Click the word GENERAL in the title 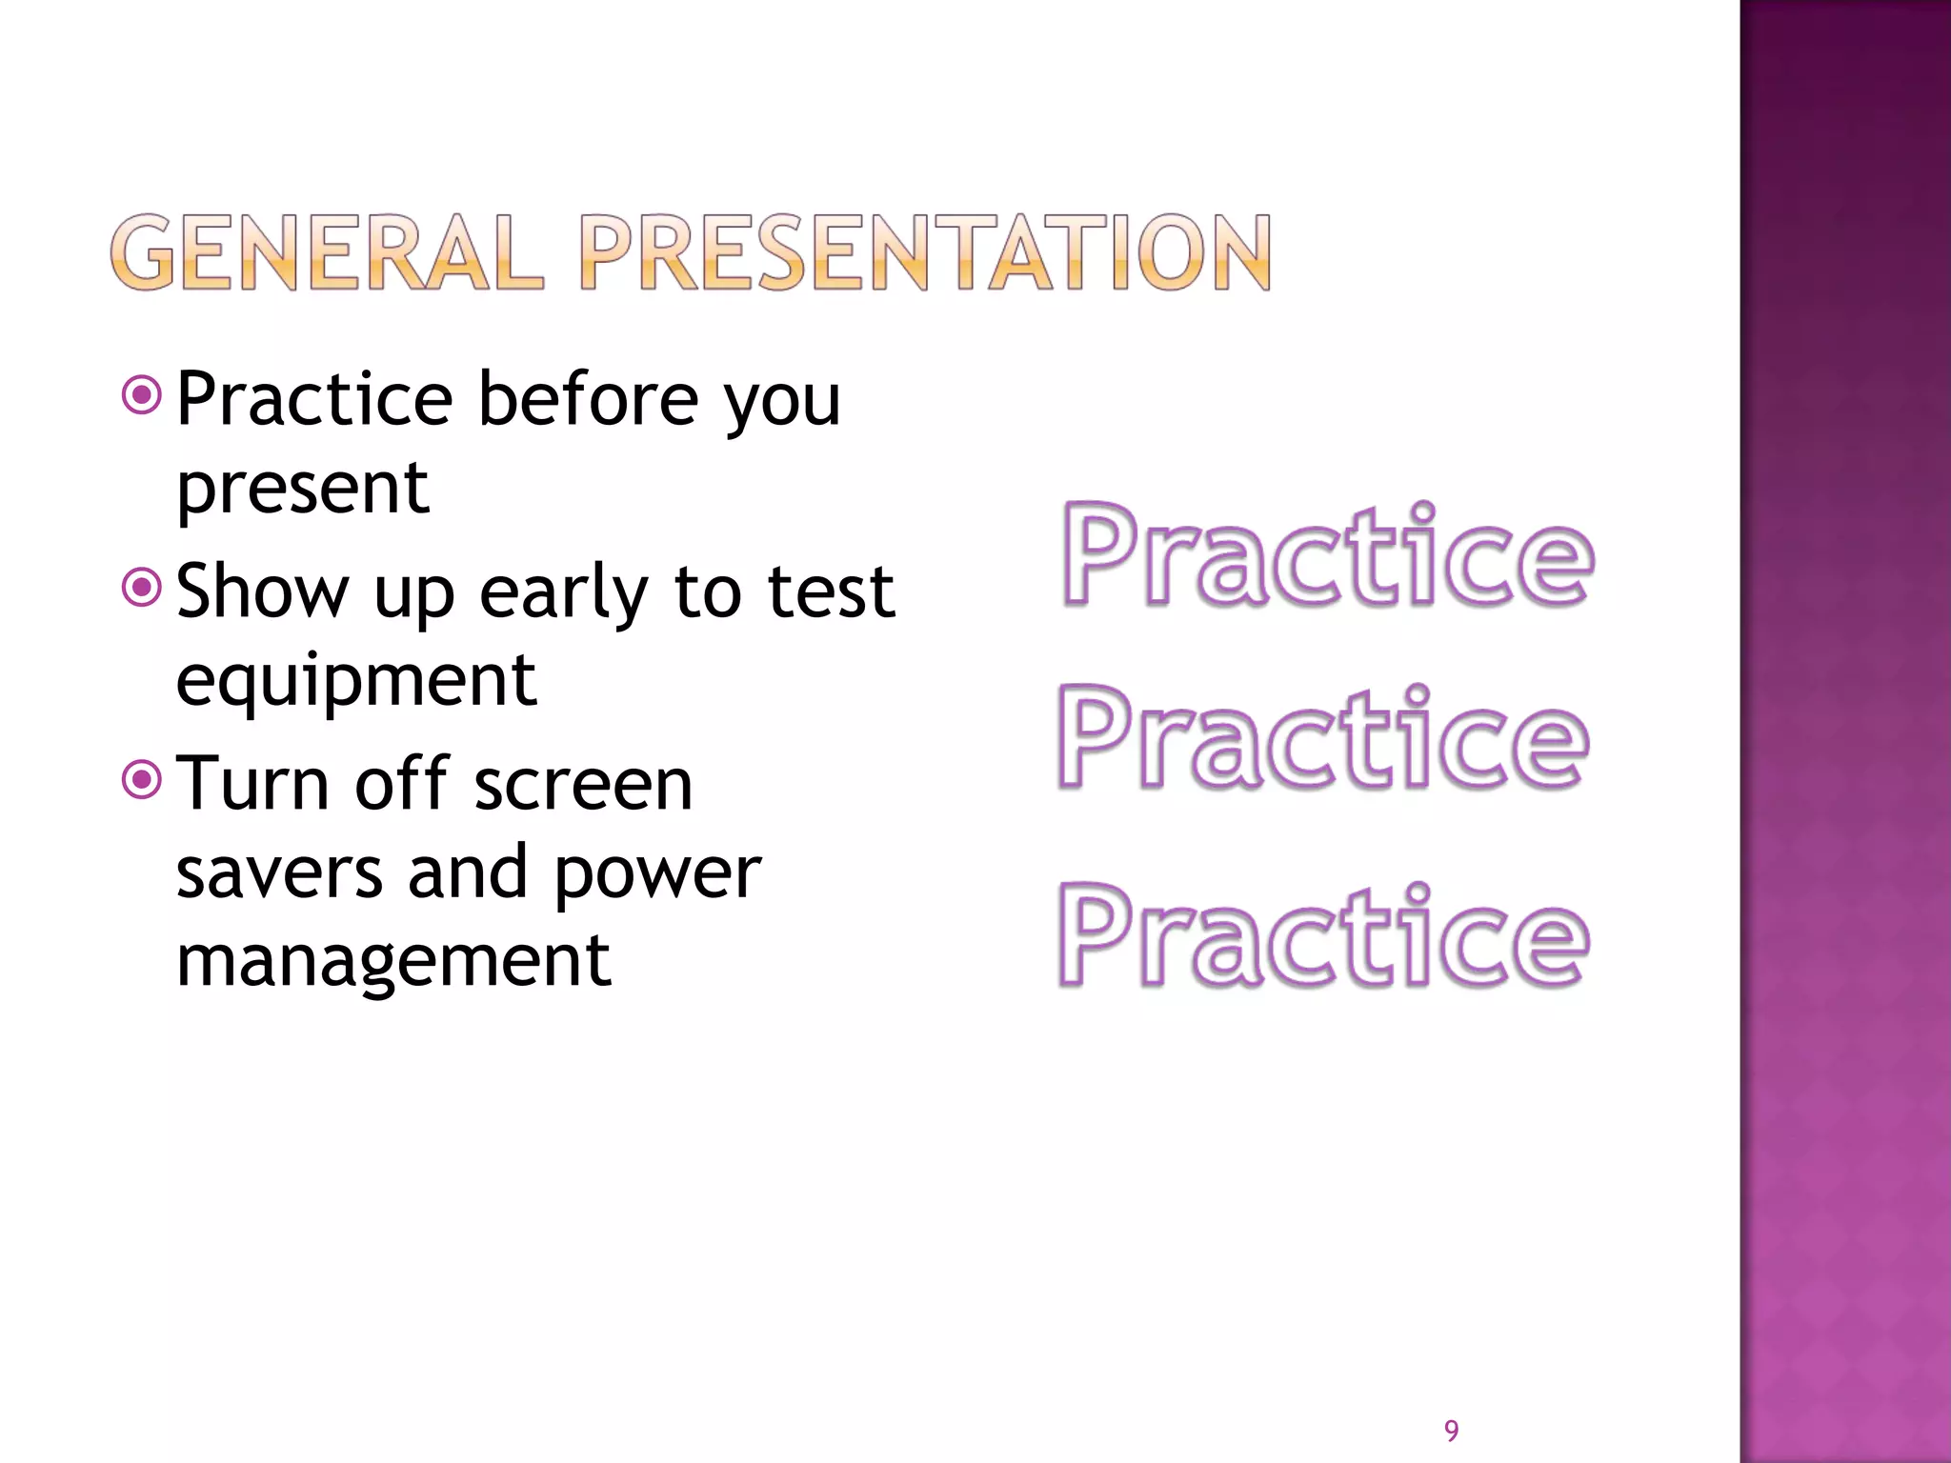pos(327,252)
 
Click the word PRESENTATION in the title pos(924,252)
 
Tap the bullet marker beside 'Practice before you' pos(143,395)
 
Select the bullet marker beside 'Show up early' pos(143,588)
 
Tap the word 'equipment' pos(356,682)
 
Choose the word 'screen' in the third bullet pos(583,786)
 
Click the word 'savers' pos(279,872)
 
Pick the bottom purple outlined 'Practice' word pos(1323,937)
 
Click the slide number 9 pos(1451,1431)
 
